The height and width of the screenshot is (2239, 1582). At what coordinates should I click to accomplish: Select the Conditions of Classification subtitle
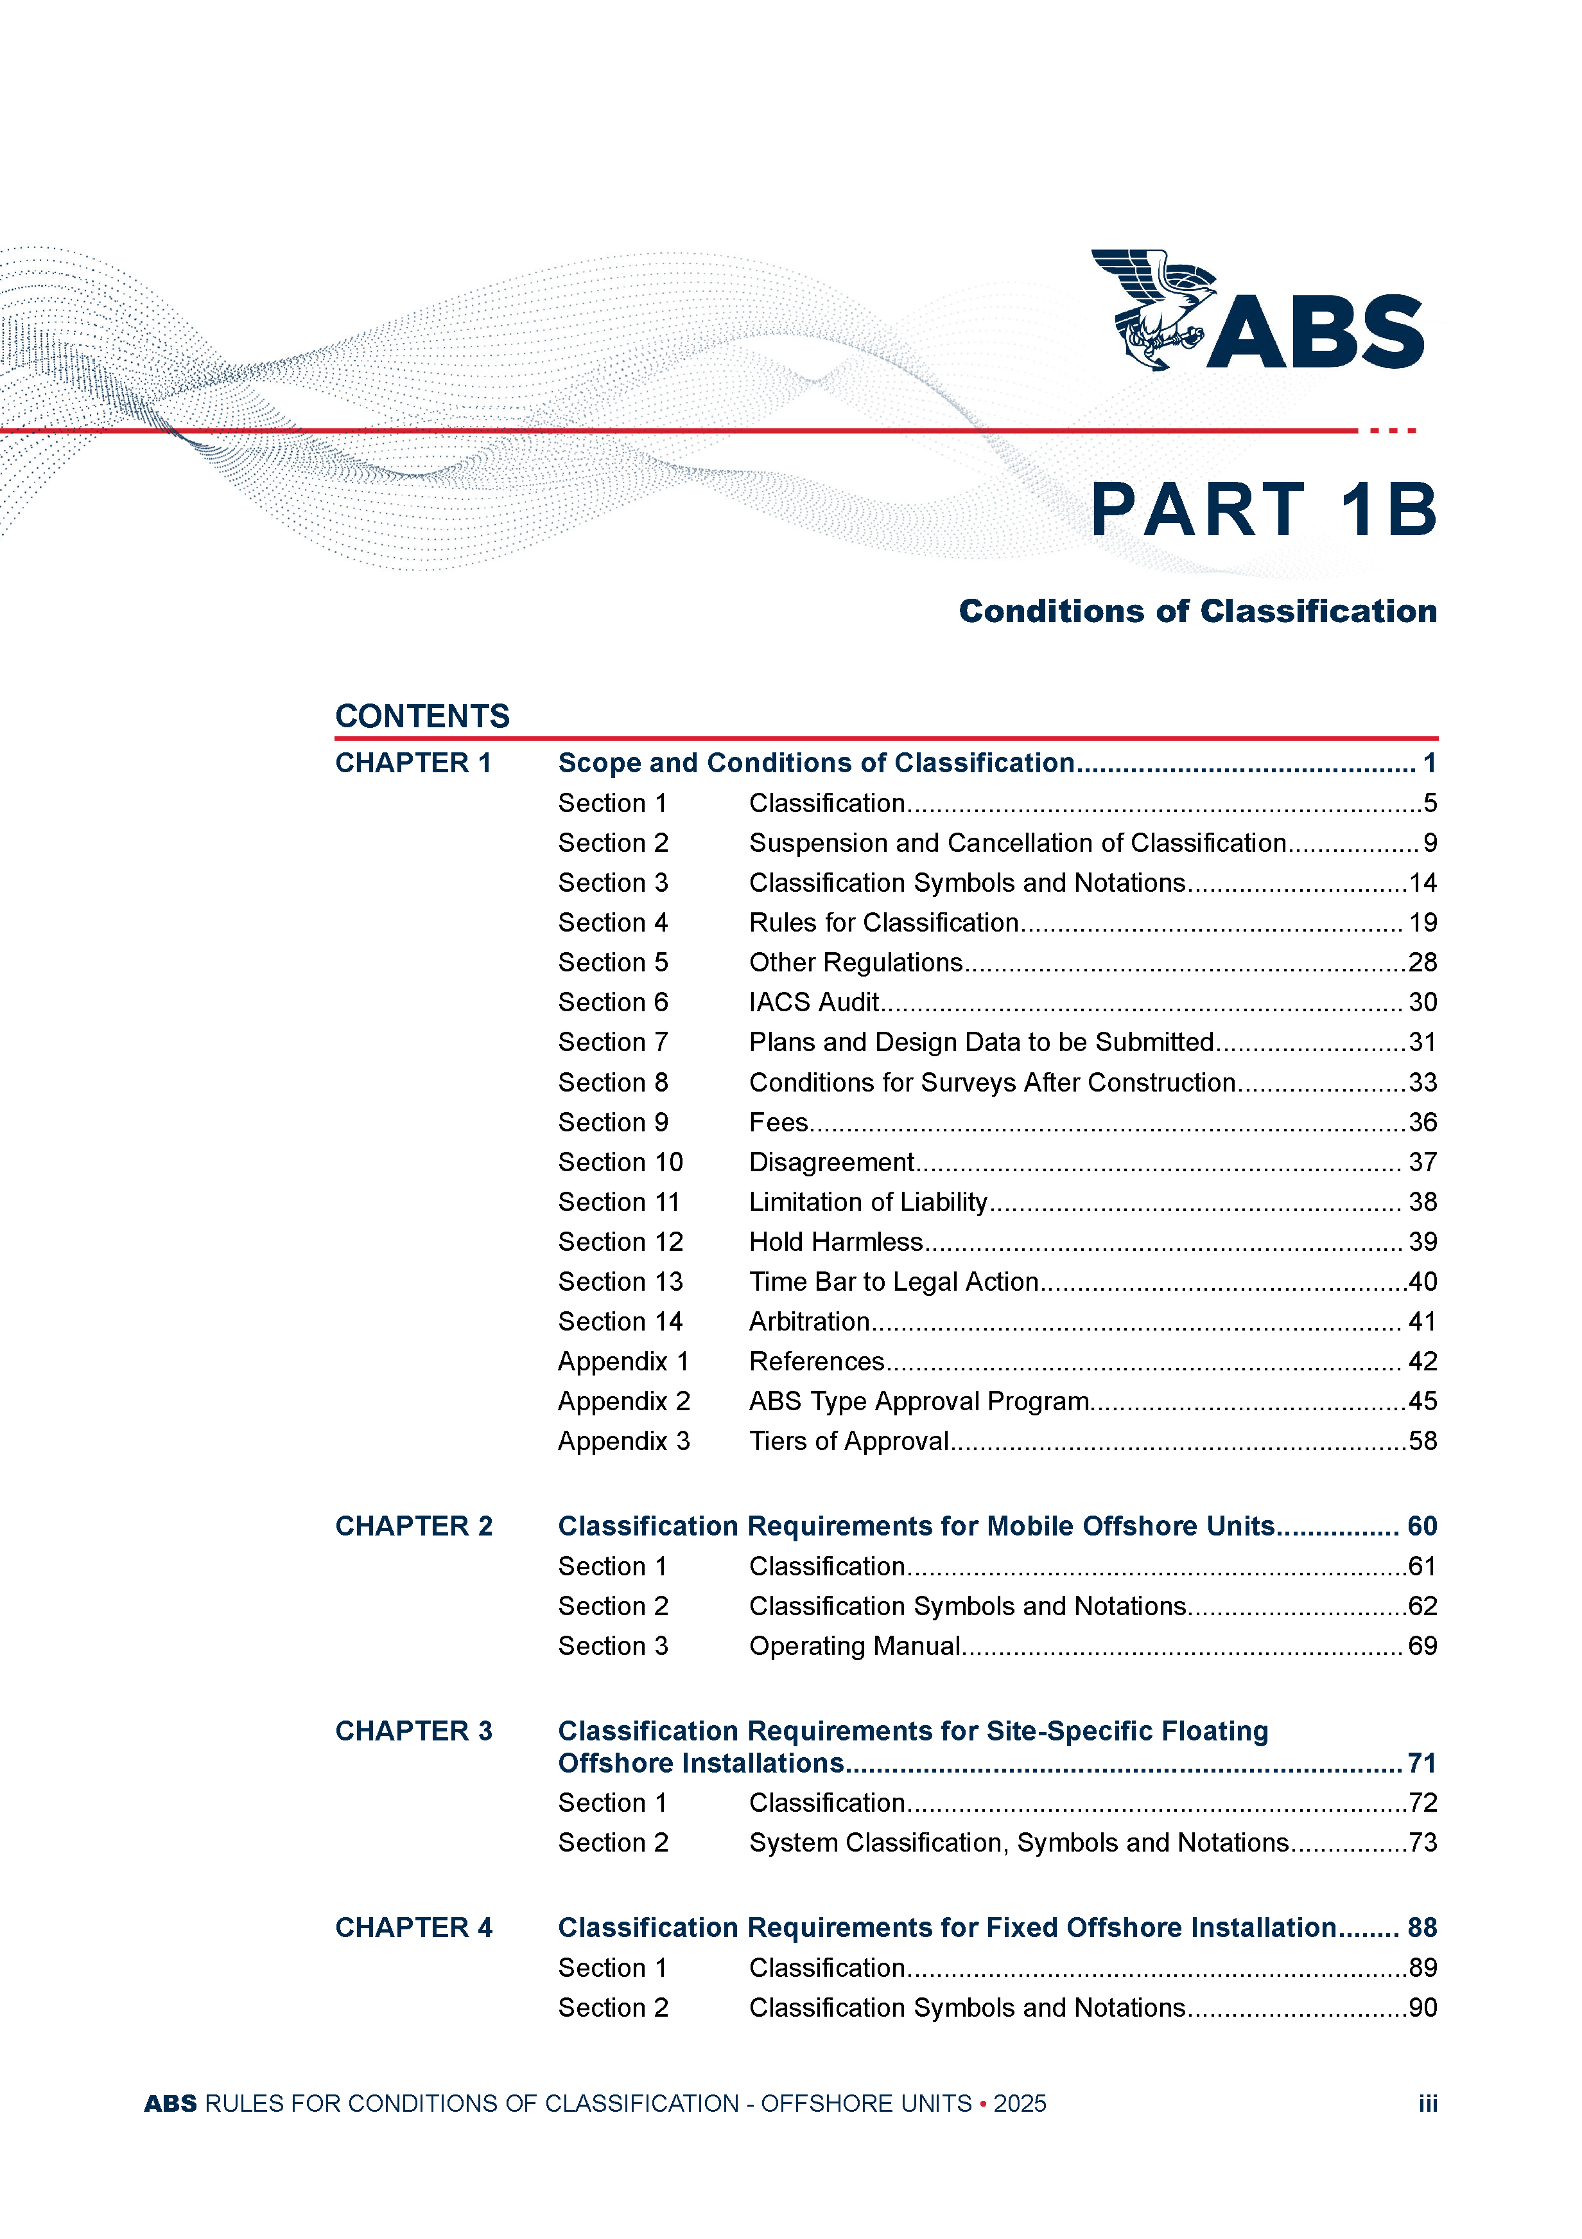[x=1197, y=612]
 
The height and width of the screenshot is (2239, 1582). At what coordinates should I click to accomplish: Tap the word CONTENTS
[x=422, y=717]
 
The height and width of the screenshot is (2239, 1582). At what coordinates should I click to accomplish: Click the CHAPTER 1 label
[x=413, y=763]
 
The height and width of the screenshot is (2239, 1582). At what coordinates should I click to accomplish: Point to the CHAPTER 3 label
[x=413, y=1731]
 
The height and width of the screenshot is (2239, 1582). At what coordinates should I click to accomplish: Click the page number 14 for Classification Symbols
[x=1422, y=883]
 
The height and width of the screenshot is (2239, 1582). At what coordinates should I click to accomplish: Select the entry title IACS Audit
[x=814, y=1002]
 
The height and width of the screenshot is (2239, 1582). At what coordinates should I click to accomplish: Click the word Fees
[x=778, y=1122]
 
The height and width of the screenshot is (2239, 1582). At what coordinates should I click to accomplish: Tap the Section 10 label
[x=620, y=1162]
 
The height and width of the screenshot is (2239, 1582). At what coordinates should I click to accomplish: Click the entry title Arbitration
[x=809, y=1322]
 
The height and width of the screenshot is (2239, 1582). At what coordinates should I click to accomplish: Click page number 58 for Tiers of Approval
[x=1422, y=1441]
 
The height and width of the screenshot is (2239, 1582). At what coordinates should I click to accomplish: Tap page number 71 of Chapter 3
[x=1422, y=1763]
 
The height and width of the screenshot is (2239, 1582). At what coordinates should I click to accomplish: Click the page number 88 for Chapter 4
[x=1422, y=1928]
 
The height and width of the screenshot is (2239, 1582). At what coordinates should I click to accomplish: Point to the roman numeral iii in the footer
[x=1428, y=2103]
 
